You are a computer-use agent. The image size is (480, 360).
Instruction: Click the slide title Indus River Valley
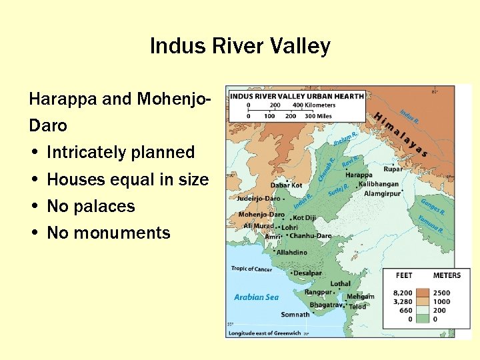tap(240, 46)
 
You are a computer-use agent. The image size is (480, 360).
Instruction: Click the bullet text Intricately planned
tap(121, 152)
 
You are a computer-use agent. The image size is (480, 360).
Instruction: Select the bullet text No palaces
tap(91, 206)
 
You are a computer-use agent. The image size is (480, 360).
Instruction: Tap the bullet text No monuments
tap(109, 233)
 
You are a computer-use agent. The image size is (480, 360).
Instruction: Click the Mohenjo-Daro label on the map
tap(261, 215)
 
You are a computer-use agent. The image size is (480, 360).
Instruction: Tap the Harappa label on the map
tap(359, 175)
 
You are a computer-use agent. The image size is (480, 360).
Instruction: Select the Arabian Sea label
tap(256, 297)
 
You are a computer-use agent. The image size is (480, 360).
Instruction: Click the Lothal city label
tap(340, 283)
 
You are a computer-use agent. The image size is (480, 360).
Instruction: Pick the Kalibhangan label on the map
tap(379, 184)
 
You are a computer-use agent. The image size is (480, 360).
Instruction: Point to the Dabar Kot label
tap(286, 185)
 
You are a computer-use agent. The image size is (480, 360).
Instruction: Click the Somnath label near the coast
tap(295, 315)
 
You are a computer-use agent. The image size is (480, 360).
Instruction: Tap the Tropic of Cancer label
tap(251, 269)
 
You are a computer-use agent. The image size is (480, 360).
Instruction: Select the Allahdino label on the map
tap(292, 253)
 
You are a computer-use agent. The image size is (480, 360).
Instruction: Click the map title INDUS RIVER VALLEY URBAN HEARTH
tap(297, 96)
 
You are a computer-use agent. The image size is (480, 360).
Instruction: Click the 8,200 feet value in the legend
tap(403, 293)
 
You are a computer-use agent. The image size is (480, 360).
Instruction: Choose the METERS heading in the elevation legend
tap(446, 275)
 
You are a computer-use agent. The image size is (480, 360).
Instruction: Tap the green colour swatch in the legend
tap(422, 319)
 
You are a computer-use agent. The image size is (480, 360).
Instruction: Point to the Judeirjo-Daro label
tap(258, 198)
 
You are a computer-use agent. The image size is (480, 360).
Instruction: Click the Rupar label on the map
tap(393, 169)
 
